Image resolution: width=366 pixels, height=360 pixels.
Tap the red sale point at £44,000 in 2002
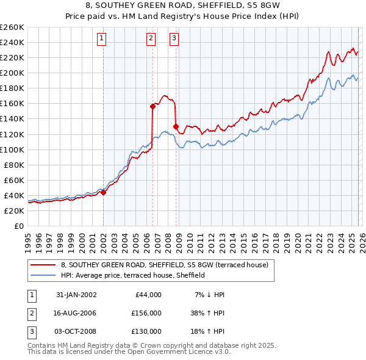(x=103, y=192)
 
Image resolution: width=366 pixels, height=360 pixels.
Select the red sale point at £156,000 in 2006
(x=152, y=106)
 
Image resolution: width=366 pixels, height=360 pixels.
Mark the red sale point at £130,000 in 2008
(x=176, y=126)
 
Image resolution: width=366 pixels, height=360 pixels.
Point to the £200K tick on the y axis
(x=12, y=73)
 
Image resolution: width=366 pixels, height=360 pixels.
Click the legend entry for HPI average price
(x=132, y=275)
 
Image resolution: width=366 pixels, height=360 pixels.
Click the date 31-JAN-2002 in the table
(x=76, y=295)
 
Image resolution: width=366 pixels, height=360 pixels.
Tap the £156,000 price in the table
(x=146, y=312)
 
